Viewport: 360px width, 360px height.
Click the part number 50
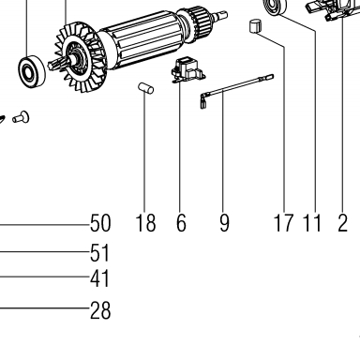(100, 223)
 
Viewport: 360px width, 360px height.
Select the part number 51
(100, 253)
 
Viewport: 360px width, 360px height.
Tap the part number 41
(100, 278)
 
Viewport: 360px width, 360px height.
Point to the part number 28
(100, 310)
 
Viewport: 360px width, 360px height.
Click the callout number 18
(145, 223)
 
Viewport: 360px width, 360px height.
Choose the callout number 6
(181, 223)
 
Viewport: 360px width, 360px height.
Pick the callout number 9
(224, 223)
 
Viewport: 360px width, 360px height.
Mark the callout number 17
(283, 223)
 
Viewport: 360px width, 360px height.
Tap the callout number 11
(312, 223)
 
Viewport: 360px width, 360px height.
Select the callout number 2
(342, 223)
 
